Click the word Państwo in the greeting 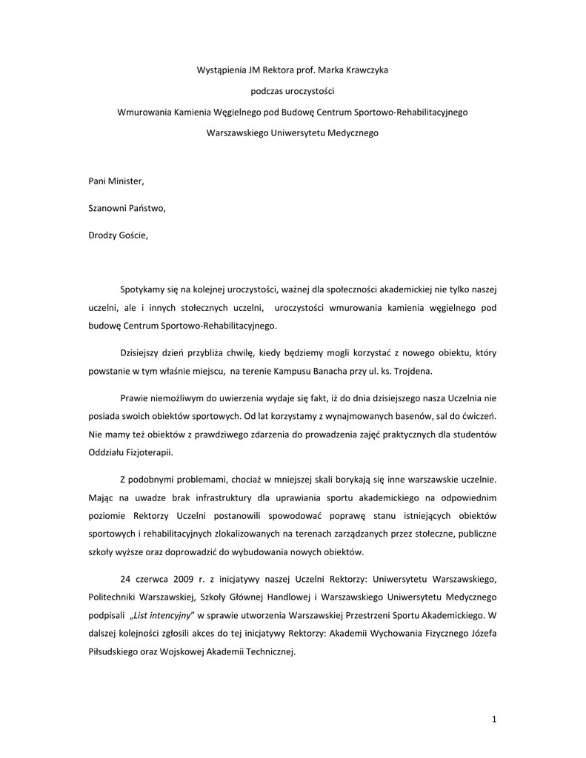pos(146,208)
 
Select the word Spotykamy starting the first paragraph pos(142,289)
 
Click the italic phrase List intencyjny pos(166,616)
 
